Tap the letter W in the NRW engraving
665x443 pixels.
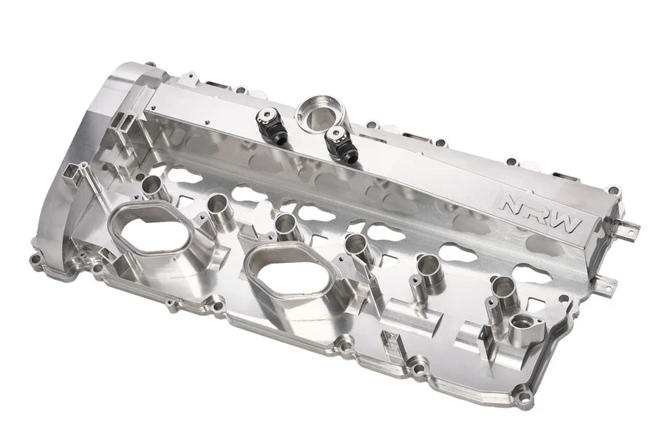pos(565,224)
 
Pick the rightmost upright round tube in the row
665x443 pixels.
pos(502,287)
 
